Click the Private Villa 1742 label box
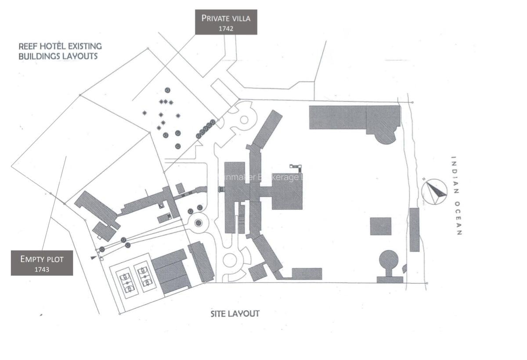point(226,22)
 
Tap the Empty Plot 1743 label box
point(42,263)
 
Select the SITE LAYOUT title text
point(235,313)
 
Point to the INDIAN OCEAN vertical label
point(456,196)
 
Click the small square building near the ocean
point(380,226)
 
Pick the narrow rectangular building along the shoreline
point(414,230)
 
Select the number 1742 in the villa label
point(226,29)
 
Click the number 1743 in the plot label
point(42,270)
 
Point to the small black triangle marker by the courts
point(93,258)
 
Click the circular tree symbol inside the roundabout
point(198,223)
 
